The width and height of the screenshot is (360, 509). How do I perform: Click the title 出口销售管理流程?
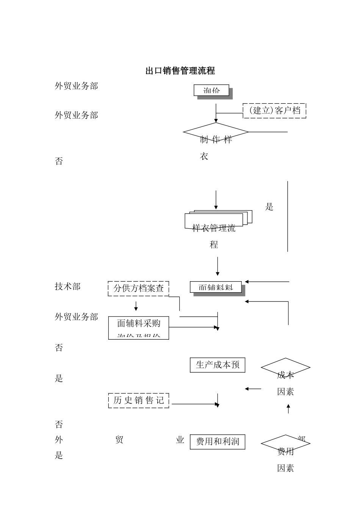pos(180,71)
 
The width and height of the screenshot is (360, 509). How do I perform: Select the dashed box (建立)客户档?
pos(274,111)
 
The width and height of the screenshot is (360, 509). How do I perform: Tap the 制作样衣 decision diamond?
pos(216,132)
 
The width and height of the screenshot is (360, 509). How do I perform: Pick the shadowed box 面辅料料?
pos(216,287)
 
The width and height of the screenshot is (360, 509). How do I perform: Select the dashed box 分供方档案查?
pos(138,288)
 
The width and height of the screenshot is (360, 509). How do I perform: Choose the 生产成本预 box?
pos(217,365)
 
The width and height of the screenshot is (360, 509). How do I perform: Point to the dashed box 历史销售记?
pos(138,400)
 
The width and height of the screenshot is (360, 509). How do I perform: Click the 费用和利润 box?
pos(217,442)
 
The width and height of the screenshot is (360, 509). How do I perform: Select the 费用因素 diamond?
pos(285,443)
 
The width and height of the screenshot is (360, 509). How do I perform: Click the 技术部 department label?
pos(68,287)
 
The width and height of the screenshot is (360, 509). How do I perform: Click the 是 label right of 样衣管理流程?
pos(269,207)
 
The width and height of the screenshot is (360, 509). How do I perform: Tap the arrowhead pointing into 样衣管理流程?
pos(216,207)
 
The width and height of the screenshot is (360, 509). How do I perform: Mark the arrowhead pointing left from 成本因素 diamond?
pos(247,389)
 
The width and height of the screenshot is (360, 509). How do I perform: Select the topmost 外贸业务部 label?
pos(76,86)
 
